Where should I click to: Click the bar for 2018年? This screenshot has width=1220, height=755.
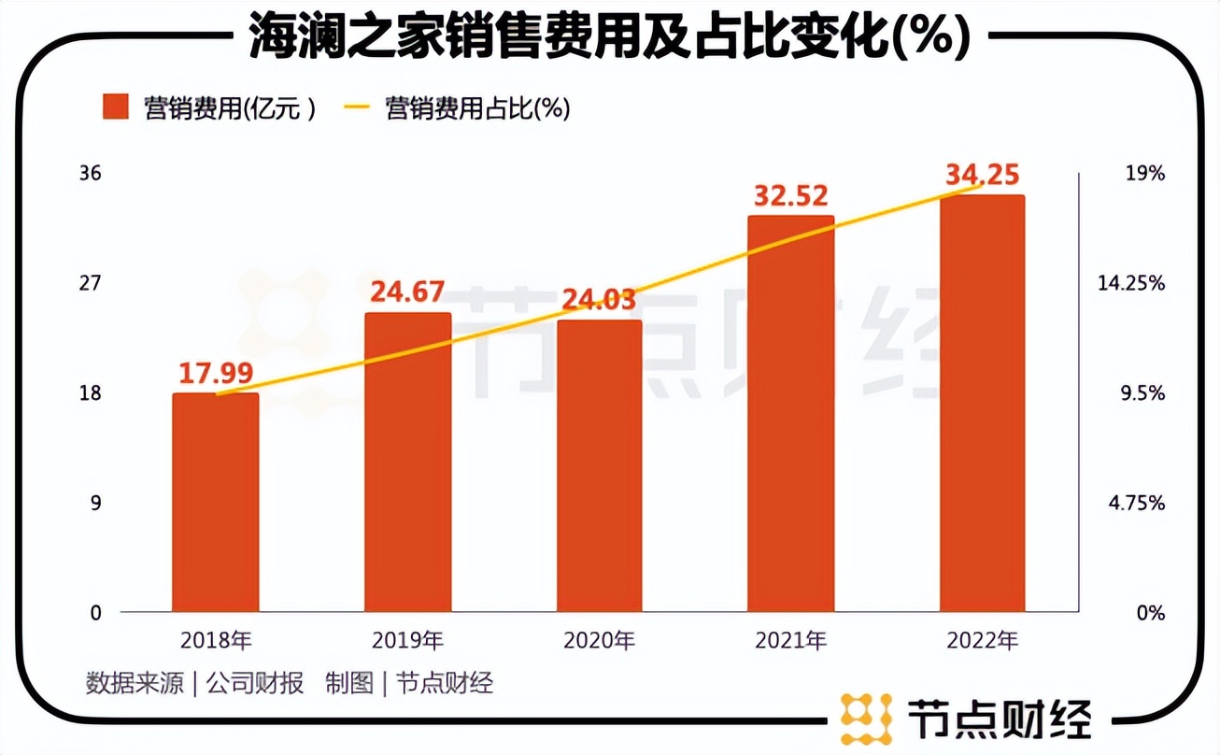tap(216, 503)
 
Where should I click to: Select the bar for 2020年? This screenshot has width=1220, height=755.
tap(600, 466)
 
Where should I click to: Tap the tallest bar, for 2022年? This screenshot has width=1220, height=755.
tap(983, 404)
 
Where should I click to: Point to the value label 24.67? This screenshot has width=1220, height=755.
tap(408, 292)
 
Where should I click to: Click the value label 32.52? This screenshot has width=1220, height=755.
tap(791, 196)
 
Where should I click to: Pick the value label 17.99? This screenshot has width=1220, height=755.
tap(216, 373)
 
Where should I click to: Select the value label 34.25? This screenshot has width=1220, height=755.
tap(983, 175)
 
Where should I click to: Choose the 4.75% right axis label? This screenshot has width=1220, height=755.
tap(1136, 503)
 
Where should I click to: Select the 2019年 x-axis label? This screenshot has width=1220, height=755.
tap(407, 641)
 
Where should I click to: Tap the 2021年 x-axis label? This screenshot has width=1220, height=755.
tap(791, 641)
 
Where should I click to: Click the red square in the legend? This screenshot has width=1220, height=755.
tap(114, 107)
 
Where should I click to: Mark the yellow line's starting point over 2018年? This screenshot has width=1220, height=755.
tap(217, 393)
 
